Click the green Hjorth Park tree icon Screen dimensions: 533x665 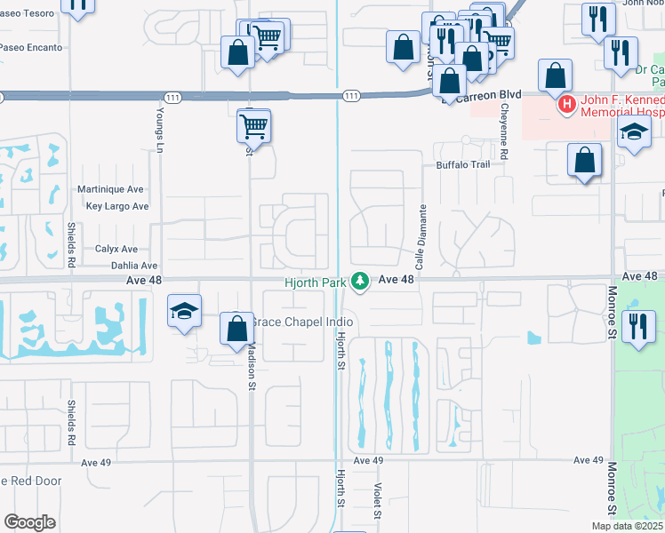click(359, 281)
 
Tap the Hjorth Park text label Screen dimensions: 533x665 click(315, 282)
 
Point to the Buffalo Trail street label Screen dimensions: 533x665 click(462, 165)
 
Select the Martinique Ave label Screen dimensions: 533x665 click(111, 189)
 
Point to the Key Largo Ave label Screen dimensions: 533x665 click(117, 206)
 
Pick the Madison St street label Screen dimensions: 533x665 click(252, 365)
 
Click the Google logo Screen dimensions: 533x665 click(29, 522)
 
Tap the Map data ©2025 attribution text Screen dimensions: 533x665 click(626, 526)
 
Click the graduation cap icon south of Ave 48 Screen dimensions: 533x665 click(184, 312)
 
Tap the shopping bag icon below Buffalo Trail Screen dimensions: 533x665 click(585, 161)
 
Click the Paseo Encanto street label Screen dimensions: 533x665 click(32, 47)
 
